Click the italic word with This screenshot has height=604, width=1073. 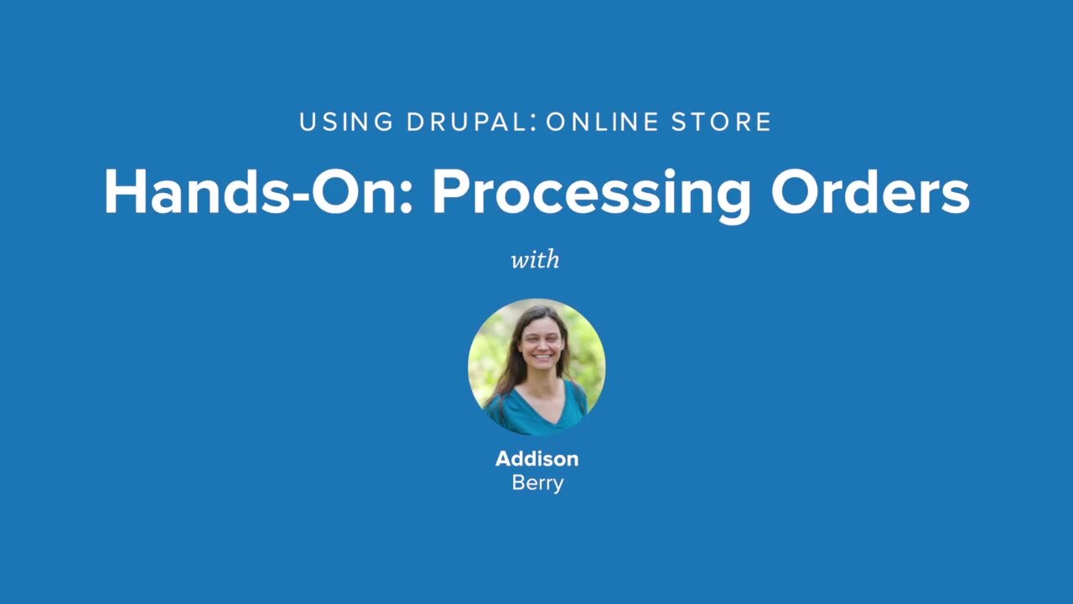(x=536, y=259)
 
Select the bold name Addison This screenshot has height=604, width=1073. (x=536, y=459)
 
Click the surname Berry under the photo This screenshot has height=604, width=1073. (x=536, y=483)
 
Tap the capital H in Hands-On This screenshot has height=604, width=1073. (x=122, y=192)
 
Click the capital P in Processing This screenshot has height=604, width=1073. (x=449, y=192)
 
